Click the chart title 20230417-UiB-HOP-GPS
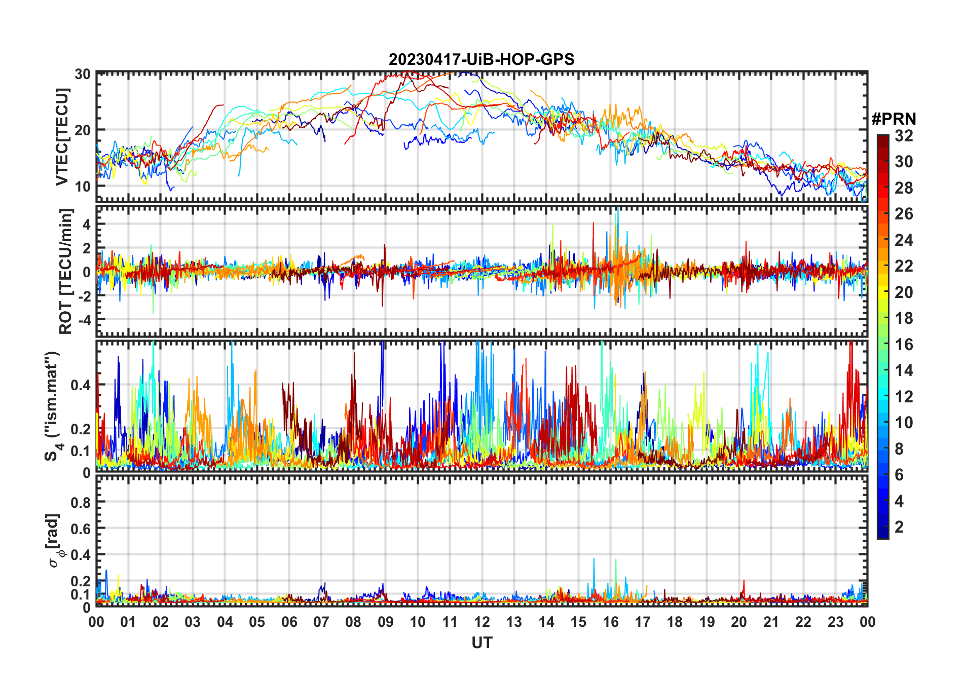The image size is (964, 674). coord(481,60)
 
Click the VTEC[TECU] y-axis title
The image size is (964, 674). coord(62,137)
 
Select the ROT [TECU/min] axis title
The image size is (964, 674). coord(66,271)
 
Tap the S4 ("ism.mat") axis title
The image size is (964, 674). coord(53,406)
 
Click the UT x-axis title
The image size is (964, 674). coord(481,643)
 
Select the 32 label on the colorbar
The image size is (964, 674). coord(904,136)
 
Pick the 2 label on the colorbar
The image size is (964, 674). coord(899,527)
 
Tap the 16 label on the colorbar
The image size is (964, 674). coord(904,345)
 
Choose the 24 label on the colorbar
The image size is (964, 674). coord(904,240)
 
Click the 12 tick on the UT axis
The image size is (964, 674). coord(482,622)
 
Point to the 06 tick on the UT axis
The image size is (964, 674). coord(289,622)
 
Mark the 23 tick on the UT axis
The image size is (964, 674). coord(835,622)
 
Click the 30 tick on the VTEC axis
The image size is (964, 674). coord(83,74)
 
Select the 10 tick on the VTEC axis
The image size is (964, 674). coord(83,186)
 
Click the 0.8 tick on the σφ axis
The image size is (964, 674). coord(81,502)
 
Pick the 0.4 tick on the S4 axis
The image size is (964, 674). coord(81,385)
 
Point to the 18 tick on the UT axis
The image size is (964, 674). coord(675,622)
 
